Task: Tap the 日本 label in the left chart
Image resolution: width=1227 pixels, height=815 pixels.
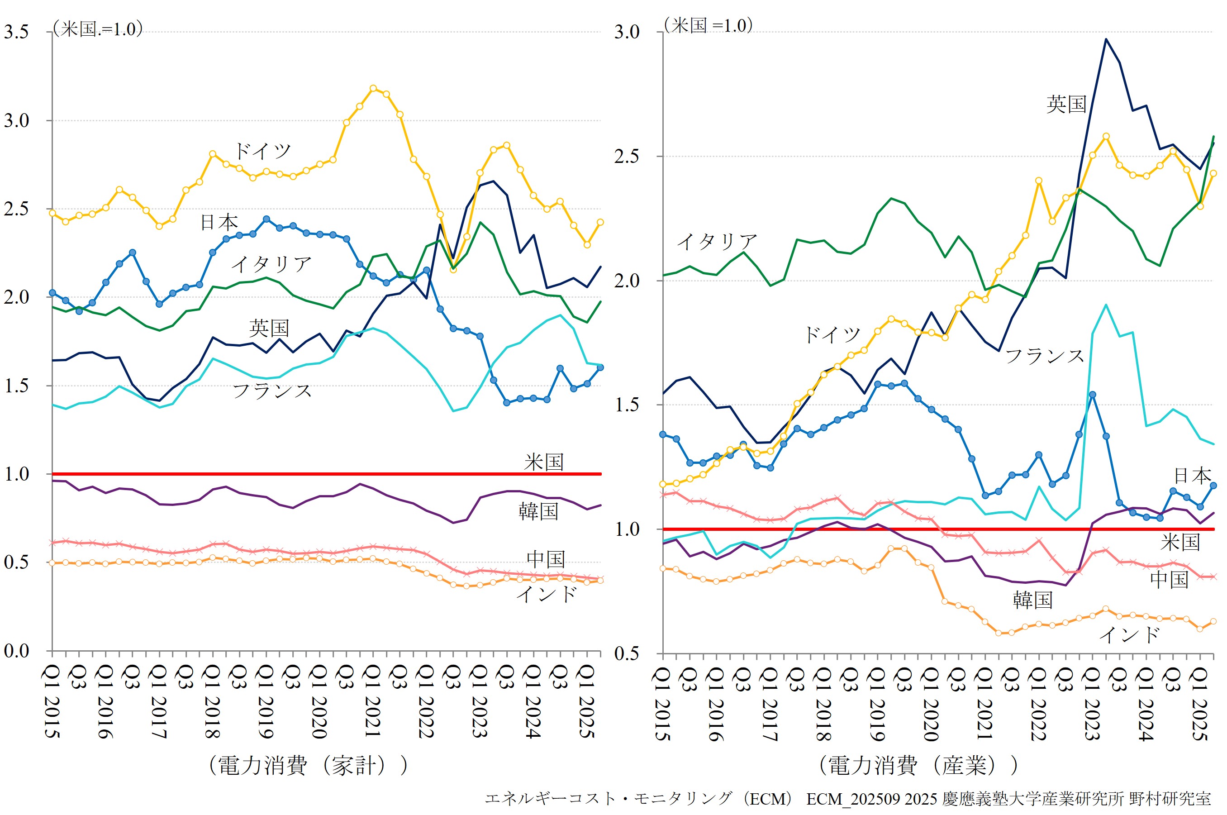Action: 219,223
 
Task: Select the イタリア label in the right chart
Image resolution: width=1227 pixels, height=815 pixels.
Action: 717,242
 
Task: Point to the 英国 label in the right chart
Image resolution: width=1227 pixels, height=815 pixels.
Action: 1066,105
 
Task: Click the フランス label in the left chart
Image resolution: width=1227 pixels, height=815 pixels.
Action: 272,391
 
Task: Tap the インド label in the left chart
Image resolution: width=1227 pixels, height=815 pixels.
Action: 546,594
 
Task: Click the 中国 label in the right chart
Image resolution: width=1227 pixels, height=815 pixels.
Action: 1169,580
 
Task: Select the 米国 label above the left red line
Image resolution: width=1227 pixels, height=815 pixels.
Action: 544,462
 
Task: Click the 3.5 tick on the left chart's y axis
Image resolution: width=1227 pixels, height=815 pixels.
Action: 17,32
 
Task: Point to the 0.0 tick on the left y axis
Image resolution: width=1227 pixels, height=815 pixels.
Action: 17,651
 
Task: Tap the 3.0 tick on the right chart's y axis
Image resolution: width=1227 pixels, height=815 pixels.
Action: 627,32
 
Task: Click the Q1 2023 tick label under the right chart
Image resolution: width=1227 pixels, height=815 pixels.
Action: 1092,704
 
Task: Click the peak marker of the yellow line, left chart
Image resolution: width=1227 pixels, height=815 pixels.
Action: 373,88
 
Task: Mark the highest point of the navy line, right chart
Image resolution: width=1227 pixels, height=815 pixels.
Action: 1106,39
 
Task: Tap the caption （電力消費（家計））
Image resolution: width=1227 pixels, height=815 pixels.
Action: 308,766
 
